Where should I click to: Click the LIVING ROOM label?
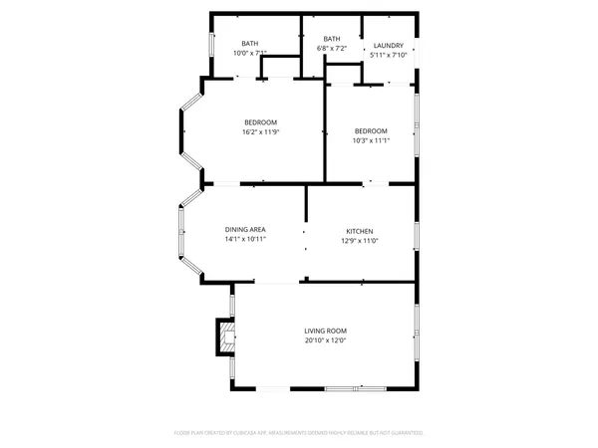click(325, 331)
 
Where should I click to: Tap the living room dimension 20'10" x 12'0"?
click(325, 340)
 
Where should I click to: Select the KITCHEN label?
click(359, 230)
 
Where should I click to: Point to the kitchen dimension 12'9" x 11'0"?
click(359, 240)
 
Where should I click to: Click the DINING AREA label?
click(244, 230)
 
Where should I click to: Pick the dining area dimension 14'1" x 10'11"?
click(244, 240)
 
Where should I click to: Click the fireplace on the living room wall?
click(226, 337)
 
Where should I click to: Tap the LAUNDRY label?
click(388, 46)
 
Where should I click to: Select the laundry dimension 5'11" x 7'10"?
click(388, 56)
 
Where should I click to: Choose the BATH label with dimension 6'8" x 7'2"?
click(331, 39)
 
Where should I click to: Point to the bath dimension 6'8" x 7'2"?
click(331, 48)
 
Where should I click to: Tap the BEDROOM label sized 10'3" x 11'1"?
click(371, 130)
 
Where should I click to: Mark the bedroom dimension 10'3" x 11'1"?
click(371, 140)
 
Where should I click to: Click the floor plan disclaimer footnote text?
click(299, 433)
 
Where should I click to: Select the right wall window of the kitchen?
click(416, 235)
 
